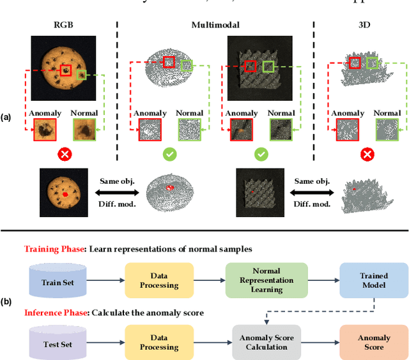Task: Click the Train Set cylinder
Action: point(58,281)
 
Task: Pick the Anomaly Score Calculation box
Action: point(266,342)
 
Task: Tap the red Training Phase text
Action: point(54,249)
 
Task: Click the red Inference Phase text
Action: point(56,312)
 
